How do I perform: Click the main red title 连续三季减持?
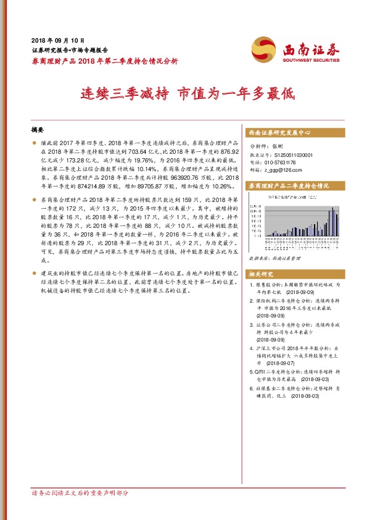[126, 95]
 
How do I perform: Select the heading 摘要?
[39, 130]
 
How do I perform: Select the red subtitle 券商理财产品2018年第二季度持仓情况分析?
[105, 61]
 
